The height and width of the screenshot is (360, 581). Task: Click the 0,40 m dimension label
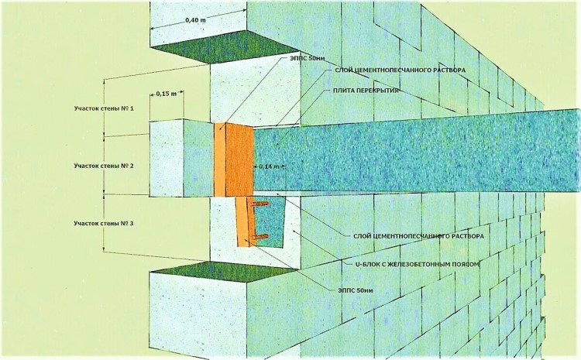pyautogui.click(x=195, y=20)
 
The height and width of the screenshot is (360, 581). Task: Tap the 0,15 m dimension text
pyautogui.click(x=166, y=94)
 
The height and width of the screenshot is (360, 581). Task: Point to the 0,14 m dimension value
pyautogui.click(x=269, y=166)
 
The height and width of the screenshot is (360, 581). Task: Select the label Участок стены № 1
pyautogui.click(x=98, y=109)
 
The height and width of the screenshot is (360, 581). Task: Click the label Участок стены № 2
pyautogui.click(x=98, y=166)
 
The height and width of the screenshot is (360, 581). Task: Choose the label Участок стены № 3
pyautogui.click(x=98, y=223)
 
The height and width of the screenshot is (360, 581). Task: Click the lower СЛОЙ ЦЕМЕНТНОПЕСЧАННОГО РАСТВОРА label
pyautogui.click(x=418, y=236)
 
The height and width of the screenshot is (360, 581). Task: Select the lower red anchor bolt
pyautogui.click(x=261, y=236)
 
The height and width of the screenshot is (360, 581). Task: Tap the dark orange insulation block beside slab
pyautogui.click(x=239, y=160)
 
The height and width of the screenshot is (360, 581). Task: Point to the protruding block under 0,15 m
pyautogui.click(x=166, y=159)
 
